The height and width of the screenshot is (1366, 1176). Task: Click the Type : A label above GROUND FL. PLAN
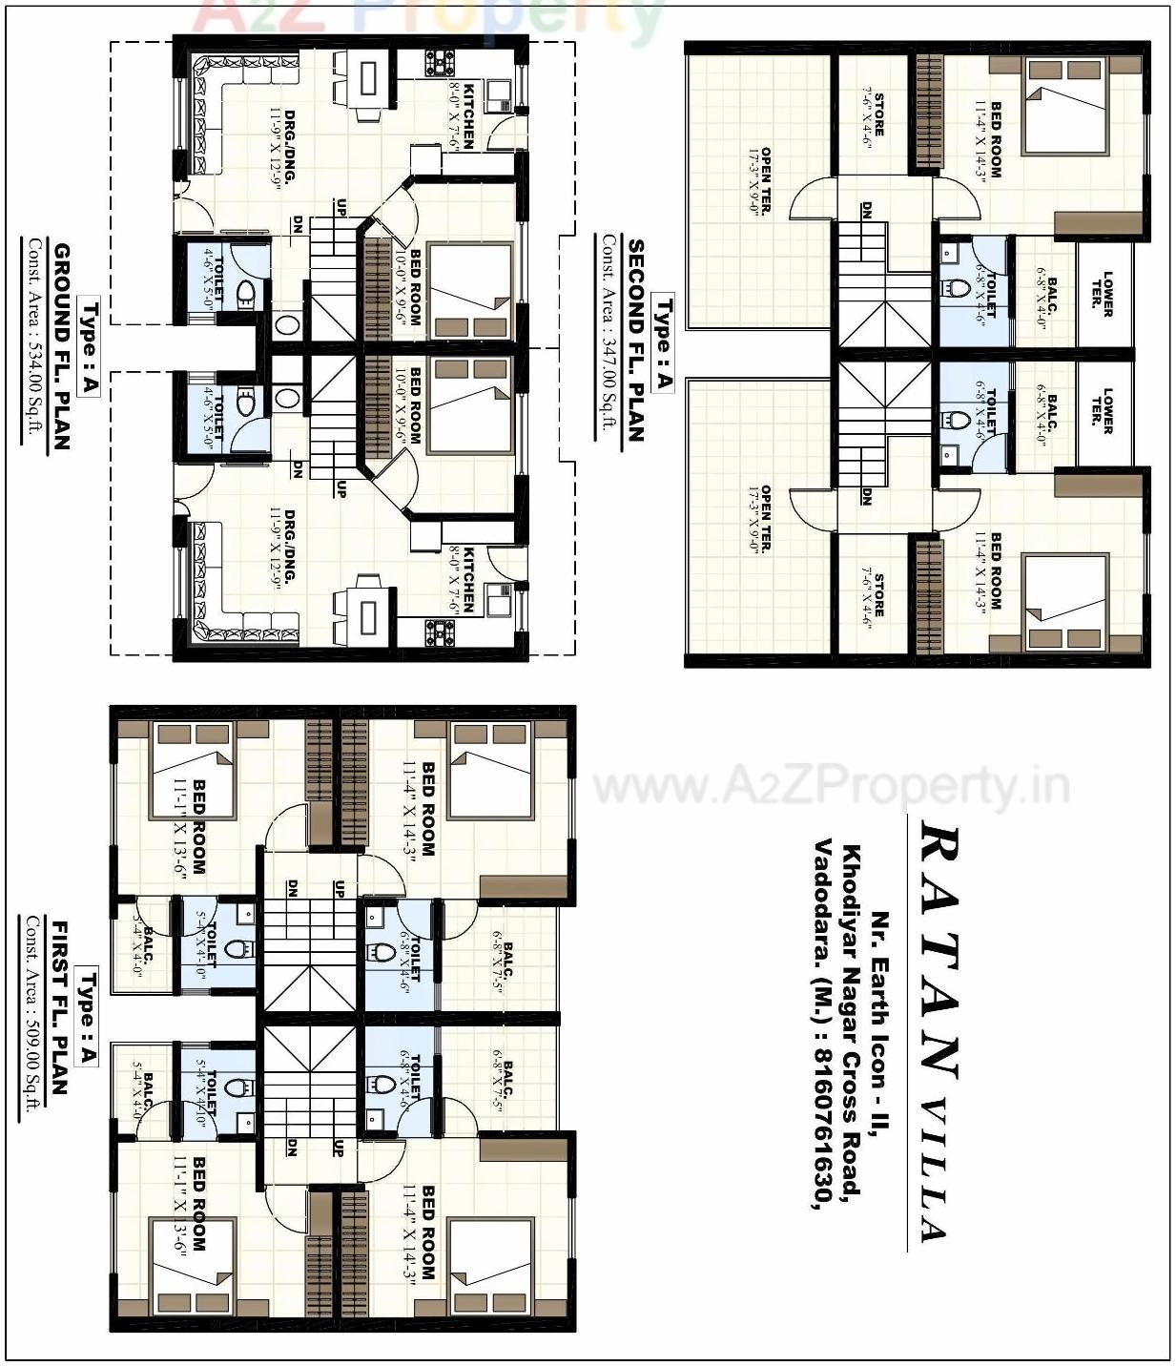pyautogui.click(x=89, y=347)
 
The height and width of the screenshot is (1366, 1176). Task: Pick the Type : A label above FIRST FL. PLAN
pyautogui.click(x=88, y=1016)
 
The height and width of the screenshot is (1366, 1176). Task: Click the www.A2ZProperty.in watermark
pyautogui.click(x=830, y=788)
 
